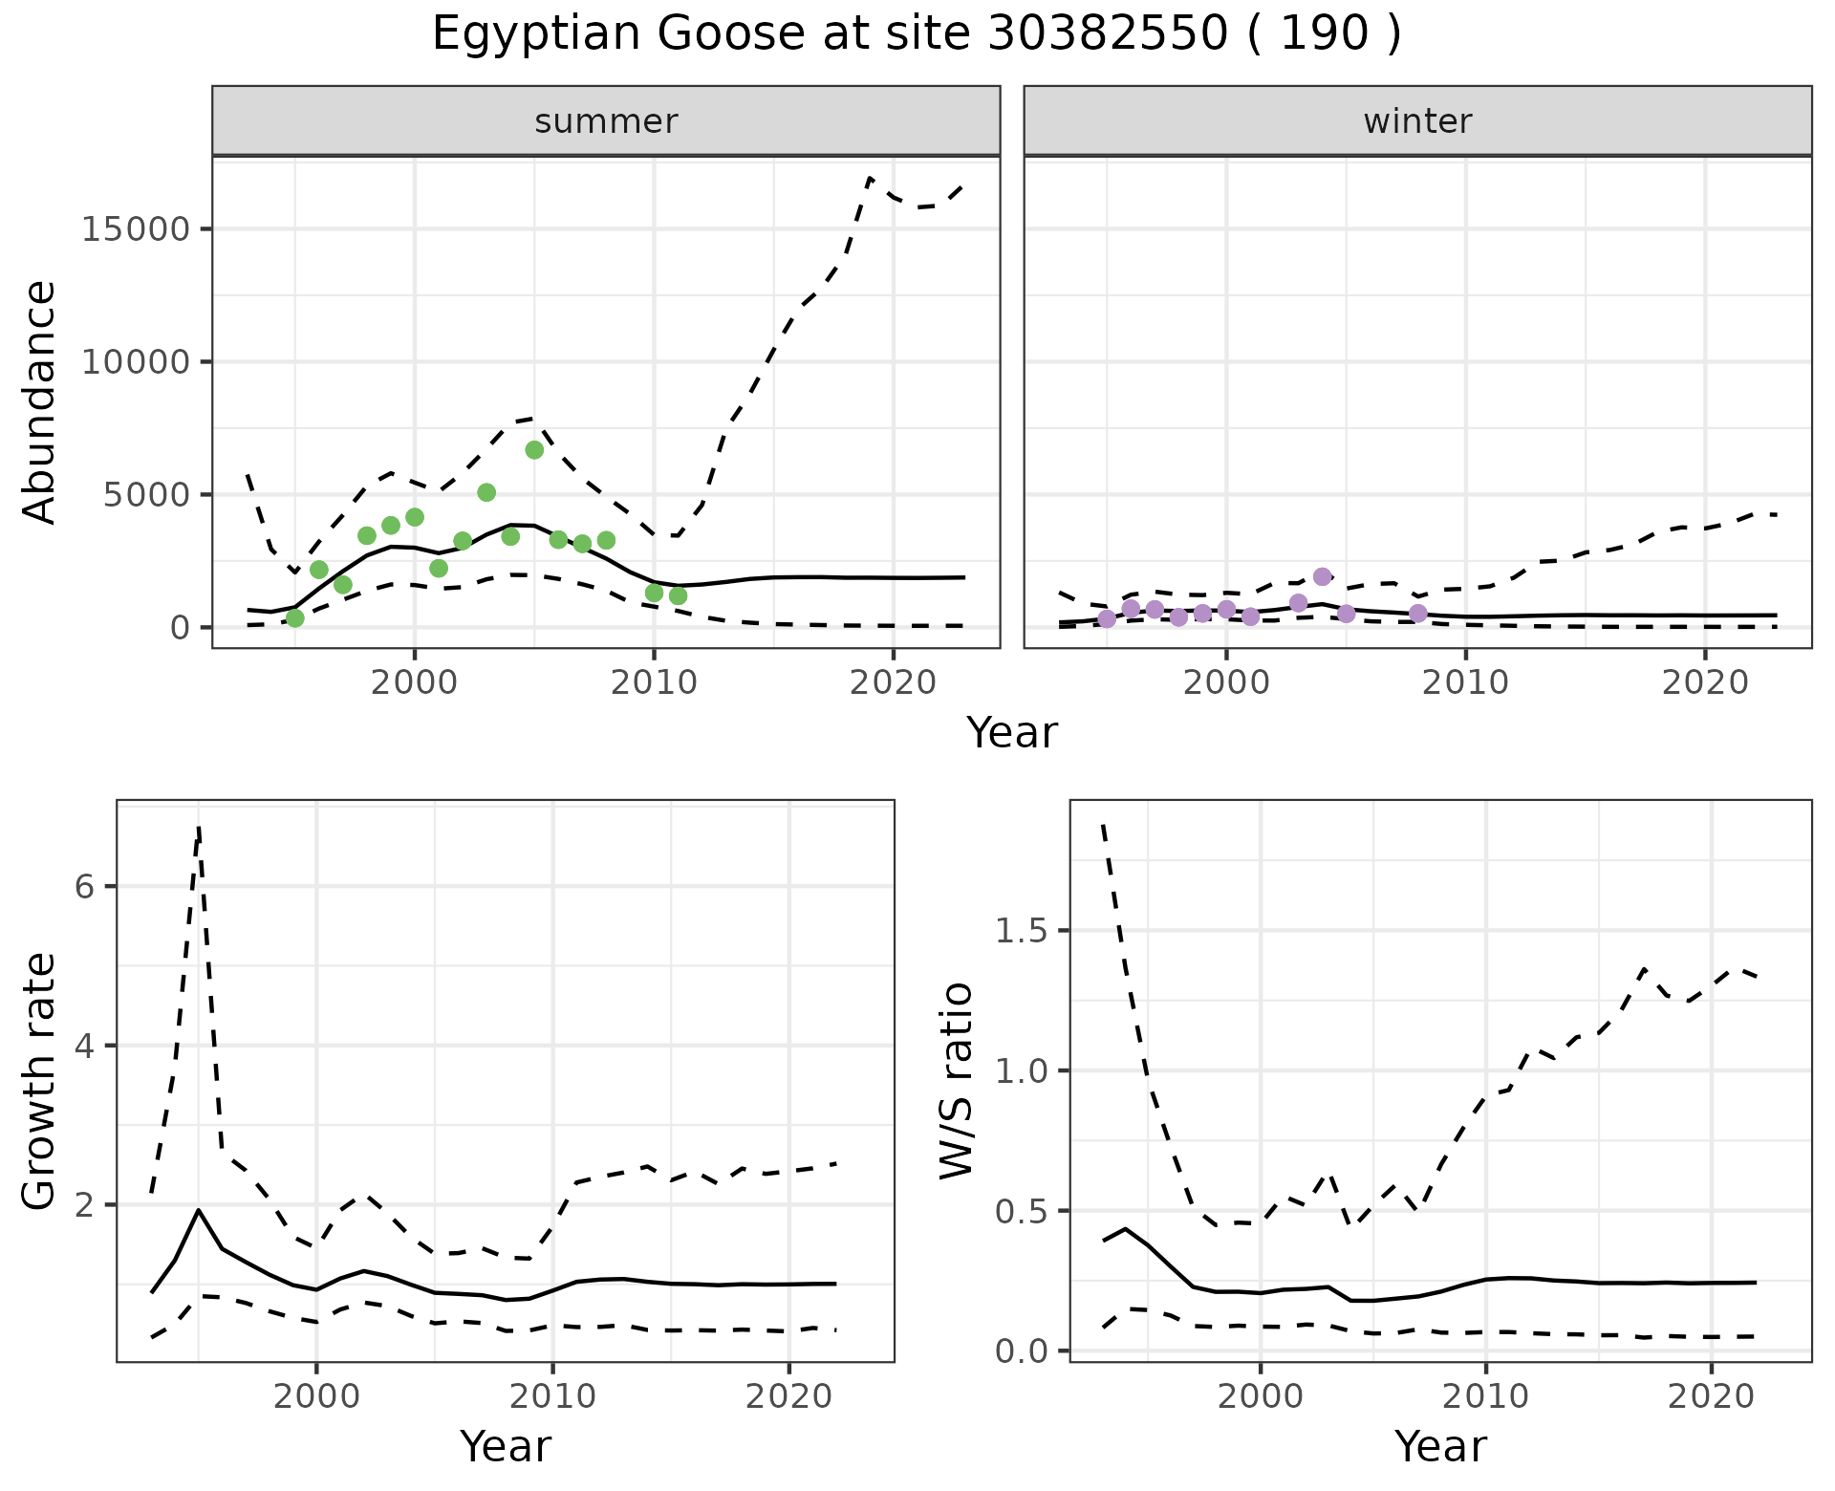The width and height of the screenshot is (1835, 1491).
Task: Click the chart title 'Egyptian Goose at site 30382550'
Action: [x=916, y=34]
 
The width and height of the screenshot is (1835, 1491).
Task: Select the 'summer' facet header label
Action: [x=606, y=121]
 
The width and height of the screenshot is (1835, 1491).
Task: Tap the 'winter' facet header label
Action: [x=1417, y=121]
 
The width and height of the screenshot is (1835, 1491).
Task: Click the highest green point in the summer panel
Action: [x=534, y=450]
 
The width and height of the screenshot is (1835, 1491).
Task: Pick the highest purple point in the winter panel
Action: [x=1322, y=576]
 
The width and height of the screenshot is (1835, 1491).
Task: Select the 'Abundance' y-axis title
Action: [x=40, y=401]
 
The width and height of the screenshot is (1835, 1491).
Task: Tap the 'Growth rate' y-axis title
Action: [x=40, y=1082]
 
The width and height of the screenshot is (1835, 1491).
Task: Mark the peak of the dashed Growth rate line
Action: [x=199, y=827]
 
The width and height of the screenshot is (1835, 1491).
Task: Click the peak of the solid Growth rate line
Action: [x=199, y=1210]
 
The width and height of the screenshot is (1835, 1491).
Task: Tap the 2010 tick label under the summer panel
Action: [x=654, y=682]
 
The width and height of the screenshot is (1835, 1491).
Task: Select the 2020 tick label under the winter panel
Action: [x=1705, y=682]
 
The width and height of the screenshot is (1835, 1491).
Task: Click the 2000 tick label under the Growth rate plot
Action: [x=317, y=1396]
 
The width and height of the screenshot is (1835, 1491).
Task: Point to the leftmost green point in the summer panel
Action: [x=295, y=618]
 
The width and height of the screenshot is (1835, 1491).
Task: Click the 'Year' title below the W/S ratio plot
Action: [x=1440, y=1446]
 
